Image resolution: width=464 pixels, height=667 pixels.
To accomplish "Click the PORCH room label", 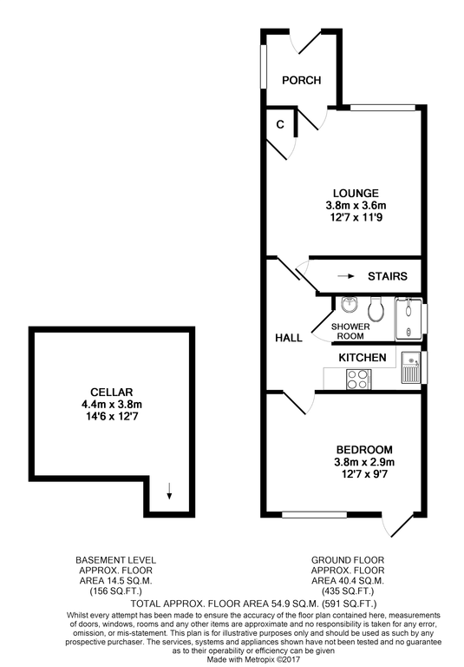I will point(302,81).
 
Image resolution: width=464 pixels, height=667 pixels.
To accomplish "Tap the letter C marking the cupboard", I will point(280,124).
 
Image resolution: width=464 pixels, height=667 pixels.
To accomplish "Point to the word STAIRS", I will point(386,276).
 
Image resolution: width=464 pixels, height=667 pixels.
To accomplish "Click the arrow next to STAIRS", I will point(345,276).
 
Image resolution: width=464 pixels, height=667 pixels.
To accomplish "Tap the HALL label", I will point(288,338).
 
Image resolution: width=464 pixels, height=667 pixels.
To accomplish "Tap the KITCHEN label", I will point(363,358).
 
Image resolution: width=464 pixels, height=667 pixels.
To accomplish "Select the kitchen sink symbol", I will point(409,368).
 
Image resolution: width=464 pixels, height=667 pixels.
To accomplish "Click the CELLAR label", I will point(110,392).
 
